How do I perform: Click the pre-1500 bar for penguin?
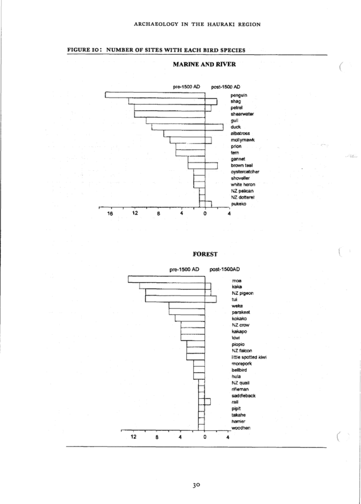[155, 95]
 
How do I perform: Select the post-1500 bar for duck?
[214, 127]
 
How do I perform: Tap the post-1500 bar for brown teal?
[211, 166]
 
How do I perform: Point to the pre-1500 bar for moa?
[167, 279]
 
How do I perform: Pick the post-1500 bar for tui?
[211, 299]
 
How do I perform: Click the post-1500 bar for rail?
[208, 402]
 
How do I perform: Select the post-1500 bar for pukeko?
[208, 204]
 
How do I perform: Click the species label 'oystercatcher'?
[245, 171]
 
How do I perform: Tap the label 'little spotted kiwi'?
[249, 357]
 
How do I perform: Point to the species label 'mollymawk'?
[243, 140]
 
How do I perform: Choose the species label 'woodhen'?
[241, 428]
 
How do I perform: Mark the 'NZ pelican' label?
[242, 191]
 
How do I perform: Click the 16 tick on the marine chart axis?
[110, 214]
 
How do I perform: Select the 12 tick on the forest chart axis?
[134, 437]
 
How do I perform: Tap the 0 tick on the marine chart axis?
[205, 214]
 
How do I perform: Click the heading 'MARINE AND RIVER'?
[204, 64]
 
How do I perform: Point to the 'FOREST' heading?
[205, 255]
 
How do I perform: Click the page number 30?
[196, 485]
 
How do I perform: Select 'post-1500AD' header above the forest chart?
[225, 270]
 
